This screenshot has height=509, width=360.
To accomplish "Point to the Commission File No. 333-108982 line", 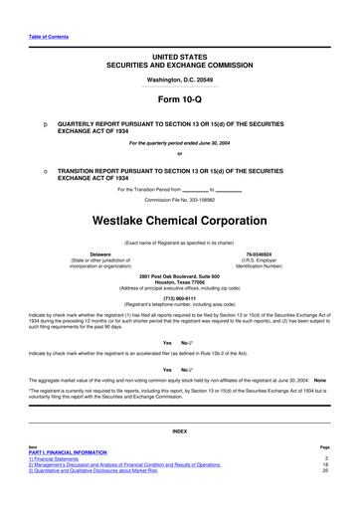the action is [x=179, y=200].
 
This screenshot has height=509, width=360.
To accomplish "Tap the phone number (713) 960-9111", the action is [x=179, y=295].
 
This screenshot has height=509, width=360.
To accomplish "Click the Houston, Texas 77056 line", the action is [x=179, y=281].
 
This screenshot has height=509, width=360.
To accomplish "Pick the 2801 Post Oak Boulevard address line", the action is [x=179, y=275].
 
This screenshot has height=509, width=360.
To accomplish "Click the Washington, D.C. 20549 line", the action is [x=179, y=79].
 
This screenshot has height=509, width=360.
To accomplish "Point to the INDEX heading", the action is [x=179, y=430].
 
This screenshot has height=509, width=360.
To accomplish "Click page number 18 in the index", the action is [x=324, y=463].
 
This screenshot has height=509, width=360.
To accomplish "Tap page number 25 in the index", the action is [x=324, y=470].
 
